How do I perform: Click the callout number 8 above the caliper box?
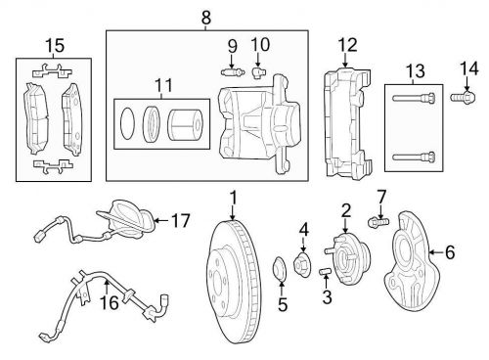point(206,18)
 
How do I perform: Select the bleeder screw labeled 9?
point(232,71)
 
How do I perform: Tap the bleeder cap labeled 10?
point(259,72)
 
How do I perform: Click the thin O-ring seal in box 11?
point(127,124)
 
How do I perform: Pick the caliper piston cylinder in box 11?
point(185,125)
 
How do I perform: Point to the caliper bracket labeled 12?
point(348,123)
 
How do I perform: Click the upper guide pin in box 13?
point(414,98)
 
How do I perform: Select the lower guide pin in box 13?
point(414,157)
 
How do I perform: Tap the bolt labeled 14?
point(463,97)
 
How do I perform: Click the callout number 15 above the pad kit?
point(55,45)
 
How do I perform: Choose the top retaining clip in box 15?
point(52,71)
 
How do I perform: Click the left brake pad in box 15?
point(36,118)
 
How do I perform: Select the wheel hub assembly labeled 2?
point(348,259)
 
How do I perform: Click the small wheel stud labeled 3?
point(325,271)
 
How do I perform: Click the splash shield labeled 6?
point(413,259)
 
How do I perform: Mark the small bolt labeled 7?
point(378,222)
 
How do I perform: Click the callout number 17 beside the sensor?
point(180,221)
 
